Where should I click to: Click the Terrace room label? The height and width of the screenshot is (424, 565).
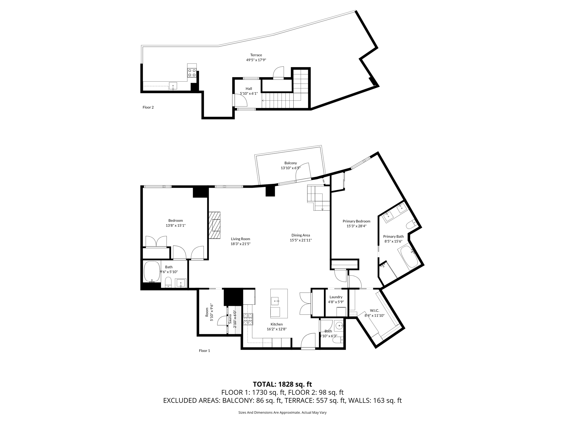[256, 55]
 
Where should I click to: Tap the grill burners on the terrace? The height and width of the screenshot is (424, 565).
[192, 73]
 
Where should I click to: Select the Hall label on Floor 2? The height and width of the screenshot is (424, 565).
[249, 89]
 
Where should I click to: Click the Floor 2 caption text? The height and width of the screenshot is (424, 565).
[148, 107]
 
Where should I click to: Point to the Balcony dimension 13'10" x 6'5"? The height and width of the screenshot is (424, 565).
[291, 168]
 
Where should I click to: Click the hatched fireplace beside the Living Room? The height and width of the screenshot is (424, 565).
[215, 225]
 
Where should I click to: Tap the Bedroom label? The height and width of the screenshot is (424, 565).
[175, 221]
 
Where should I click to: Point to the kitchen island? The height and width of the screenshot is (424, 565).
[279, 303]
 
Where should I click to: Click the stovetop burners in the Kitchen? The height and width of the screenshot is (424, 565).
[248, 319]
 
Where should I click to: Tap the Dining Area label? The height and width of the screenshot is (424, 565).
[300, 235]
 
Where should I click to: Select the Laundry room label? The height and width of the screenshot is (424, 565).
[336, 297]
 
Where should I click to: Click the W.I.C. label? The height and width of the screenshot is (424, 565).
[374, 311]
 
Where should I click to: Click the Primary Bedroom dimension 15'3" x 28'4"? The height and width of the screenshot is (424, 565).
[356, 226]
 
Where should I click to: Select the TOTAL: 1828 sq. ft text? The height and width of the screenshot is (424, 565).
[282, 384]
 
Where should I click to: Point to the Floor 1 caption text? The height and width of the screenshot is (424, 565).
[204, 351]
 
